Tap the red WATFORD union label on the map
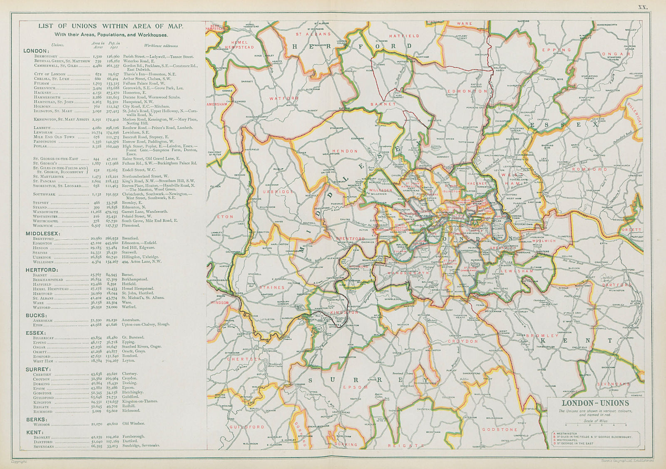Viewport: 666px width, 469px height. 284,99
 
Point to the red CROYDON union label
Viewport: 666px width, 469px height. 463,341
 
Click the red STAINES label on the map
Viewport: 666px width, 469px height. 272,287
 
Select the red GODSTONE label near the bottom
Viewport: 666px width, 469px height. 499,430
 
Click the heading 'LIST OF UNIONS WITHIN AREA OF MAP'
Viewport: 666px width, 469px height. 110,26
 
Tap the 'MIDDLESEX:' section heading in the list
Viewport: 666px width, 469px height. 43,234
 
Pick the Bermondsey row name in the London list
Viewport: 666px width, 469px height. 47,56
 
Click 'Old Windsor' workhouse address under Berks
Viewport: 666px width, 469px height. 133,423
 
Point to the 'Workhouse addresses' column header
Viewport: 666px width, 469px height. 161,46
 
